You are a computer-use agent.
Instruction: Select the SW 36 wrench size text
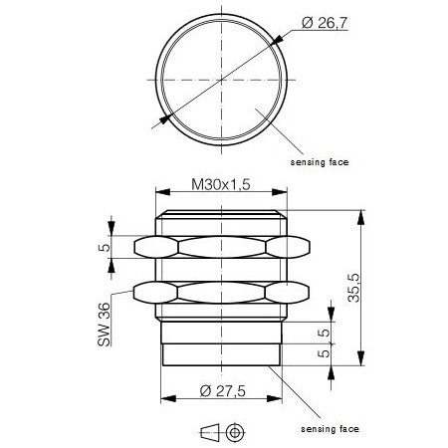[x=105, y=326]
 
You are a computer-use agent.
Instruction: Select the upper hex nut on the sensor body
[x=221, y=248]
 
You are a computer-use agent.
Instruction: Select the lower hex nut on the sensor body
[x=221, y=293]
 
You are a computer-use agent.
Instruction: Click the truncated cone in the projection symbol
[x=210, y=430]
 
